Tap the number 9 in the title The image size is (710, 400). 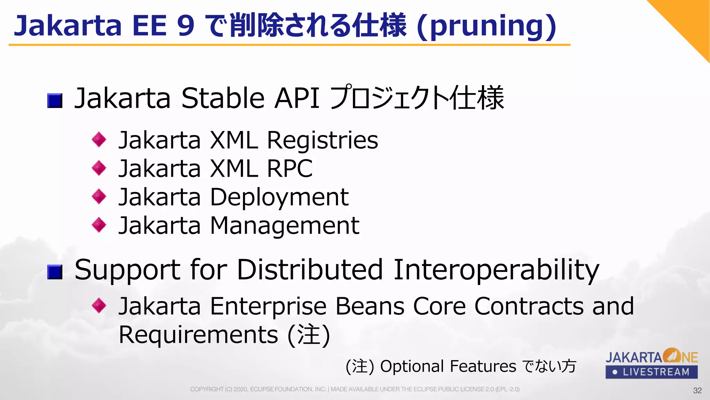pos(185,26)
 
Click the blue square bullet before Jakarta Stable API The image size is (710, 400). pos(55,101)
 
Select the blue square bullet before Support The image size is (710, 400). pos(55,272)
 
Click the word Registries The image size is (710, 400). pos(322,141)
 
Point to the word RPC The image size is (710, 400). pos(290,169)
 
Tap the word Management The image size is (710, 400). pos(284,226)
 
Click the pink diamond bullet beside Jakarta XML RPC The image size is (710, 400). pos(99,168)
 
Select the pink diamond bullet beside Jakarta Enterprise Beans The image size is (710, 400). pos(99,306)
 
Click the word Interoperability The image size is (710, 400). pos(496,270)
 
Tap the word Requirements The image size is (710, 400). pos(198,335)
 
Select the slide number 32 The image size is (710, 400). pos(697,391)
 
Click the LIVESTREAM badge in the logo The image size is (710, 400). pos(651,372)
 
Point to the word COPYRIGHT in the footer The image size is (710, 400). pos(207,389)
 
